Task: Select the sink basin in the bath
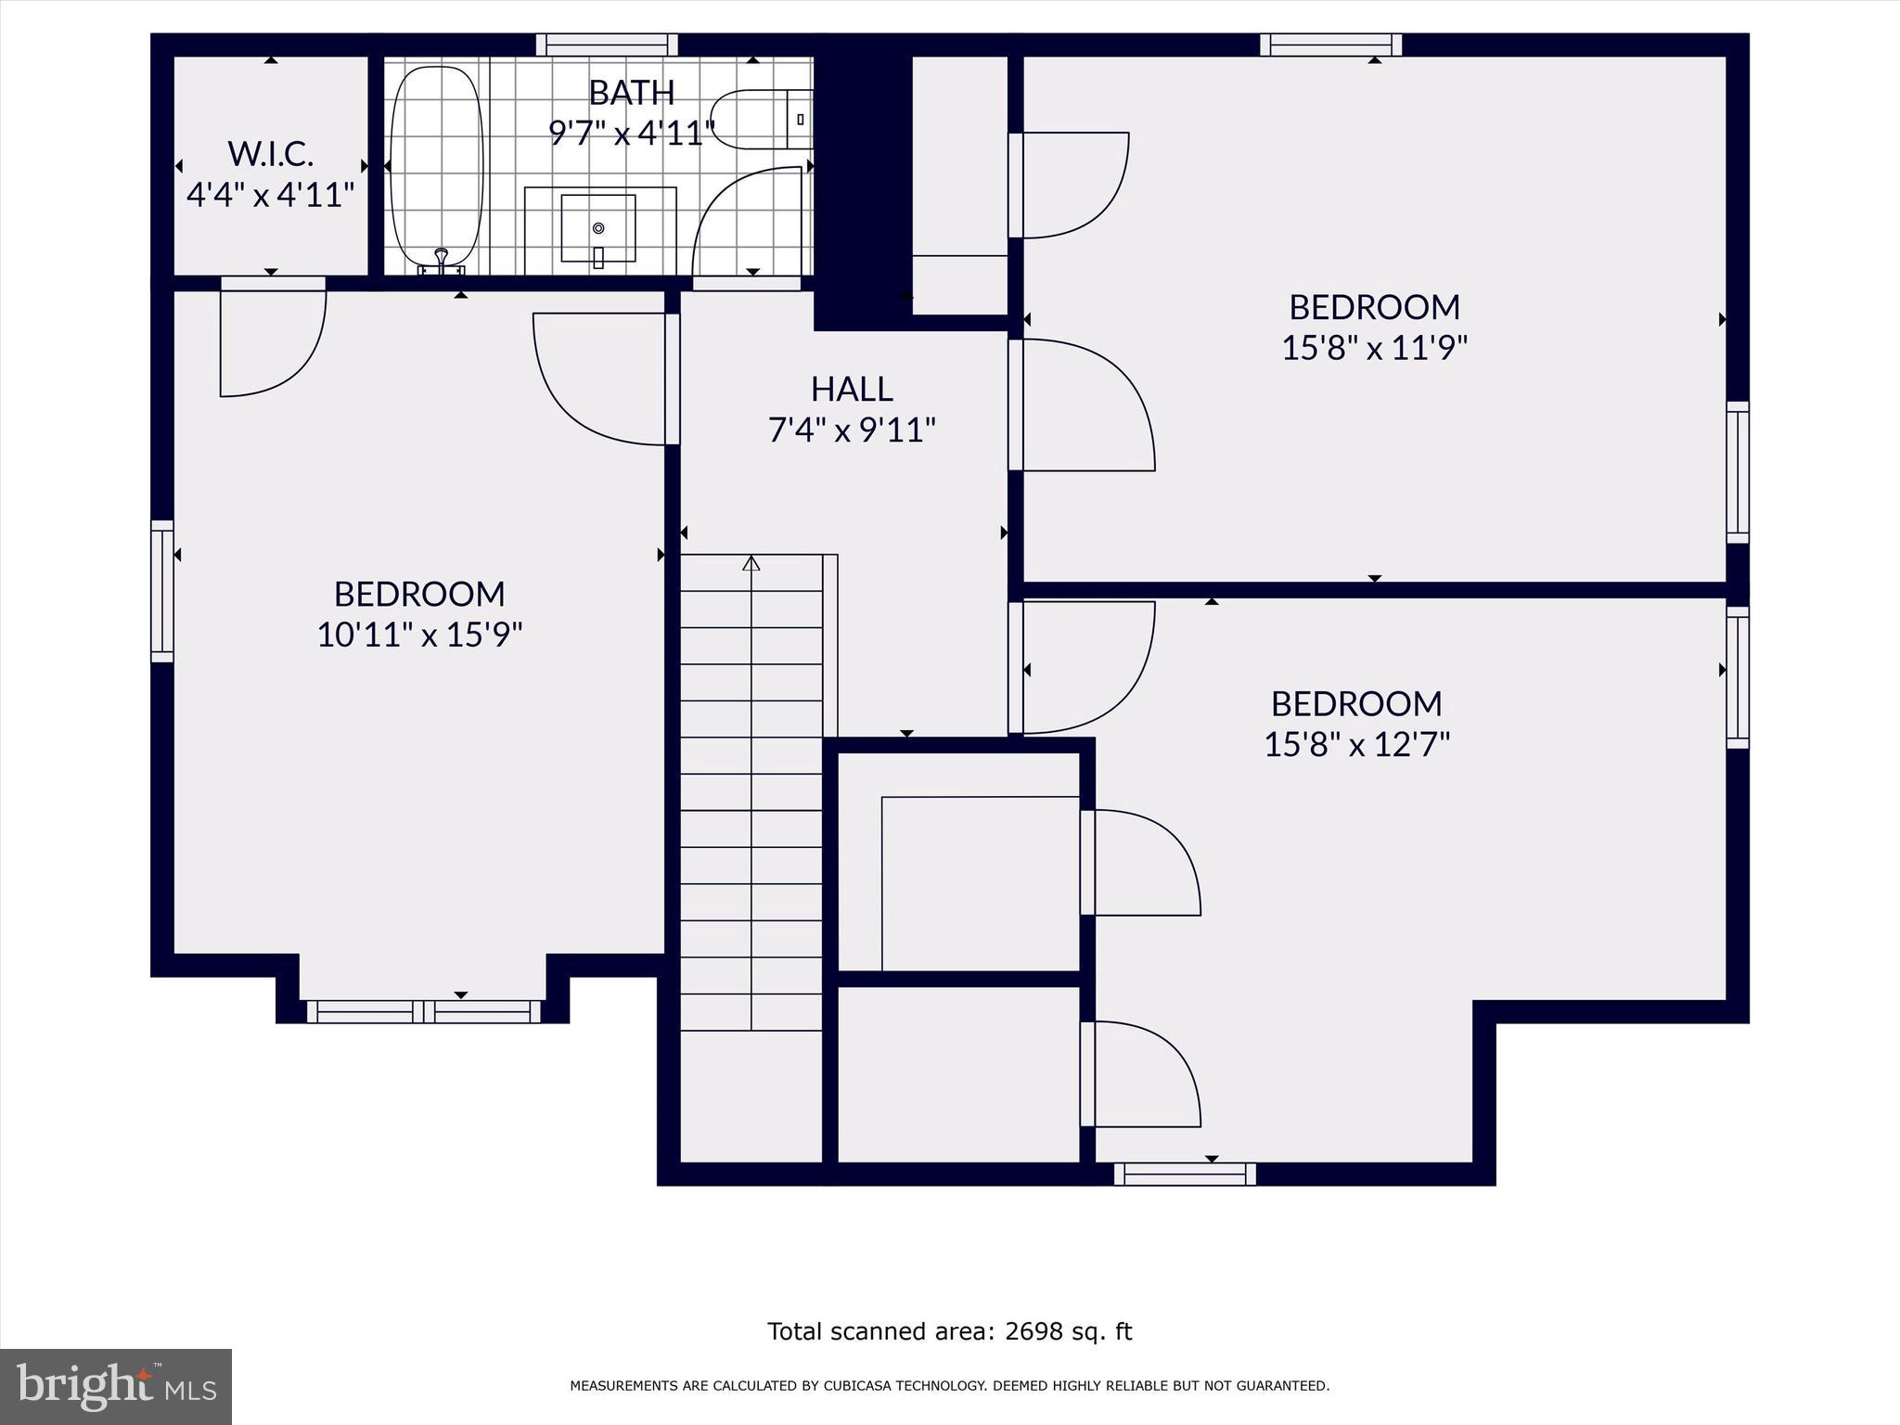[x=598, y=228]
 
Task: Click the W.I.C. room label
[x=270, y=153]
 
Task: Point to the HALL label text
[x=852, y=390]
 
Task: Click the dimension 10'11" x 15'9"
[x=419, y=635]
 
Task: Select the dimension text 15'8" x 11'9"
[x=1374, y=348]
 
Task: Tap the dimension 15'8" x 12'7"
[x=1356, y=744]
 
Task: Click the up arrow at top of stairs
[x=751, y=563]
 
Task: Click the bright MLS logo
[x=116, y=1386]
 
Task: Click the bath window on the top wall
[x=607, y=45]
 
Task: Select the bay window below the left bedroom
[x=423, y=1011]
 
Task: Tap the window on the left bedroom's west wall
[x=162, y=591]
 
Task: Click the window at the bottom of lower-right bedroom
[x=1185, y=1175]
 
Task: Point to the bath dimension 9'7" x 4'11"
[x=632, y=134]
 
